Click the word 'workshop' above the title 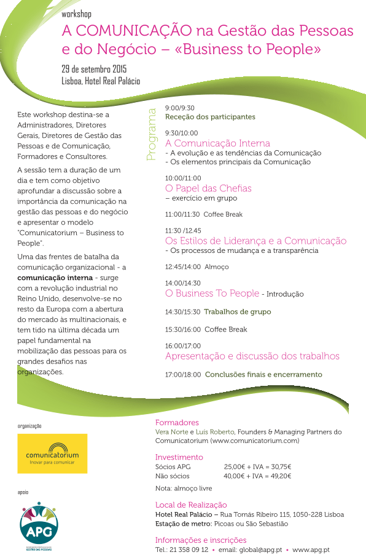coord(77,14)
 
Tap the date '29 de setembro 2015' coord(94,68)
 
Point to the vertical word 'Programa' coord(152,135)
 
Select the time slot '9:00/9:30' coord(179,108)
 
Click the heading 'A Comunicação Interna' coord(217,143)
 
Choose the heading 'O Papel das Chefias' coord(208,188)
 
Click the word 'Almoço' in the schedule coord(216,267)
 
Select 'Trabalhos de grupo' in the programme coord(237,312)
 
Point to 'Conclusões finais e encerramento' coord(263,374)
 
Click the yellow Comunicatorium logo coord(52,454)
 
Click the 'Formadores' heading coord(177,423)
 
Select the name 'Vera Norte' coord(171,432)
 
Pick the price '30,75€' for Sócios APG coord(279,466)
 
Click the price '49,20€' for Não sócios coord(279,476)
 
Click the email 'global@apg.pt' coord(259,550)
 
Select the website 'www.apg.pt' coord(311,550)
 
